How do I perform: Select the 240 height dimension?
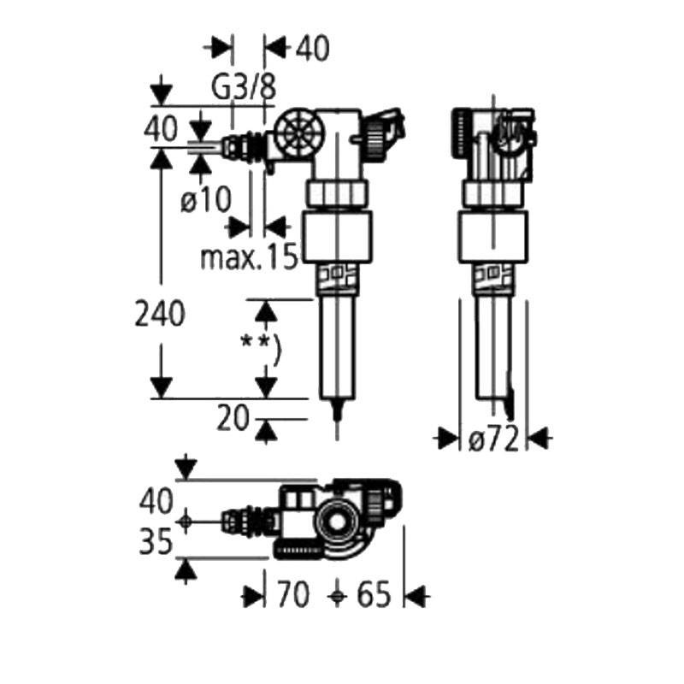click(160, 315)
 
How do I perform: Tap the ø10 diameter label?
click(206, 201)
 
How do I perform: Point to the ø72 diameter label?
click(494, 439)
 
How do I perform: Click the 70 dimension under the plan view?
click(292, 595)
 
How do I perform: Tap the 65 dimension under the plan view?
click(373, 595)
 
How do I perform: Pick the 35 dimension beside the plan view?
click(157, 540)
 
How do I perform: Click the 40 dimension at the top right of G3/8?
click(312, 49)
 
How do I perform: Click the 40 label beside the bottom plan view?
click(157, 498)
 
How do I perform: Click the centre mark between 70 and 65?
click(339, 595)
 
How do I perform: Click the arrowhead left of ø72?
click(447, 439)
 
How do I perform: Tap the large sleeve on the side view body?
click(492, 238)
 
